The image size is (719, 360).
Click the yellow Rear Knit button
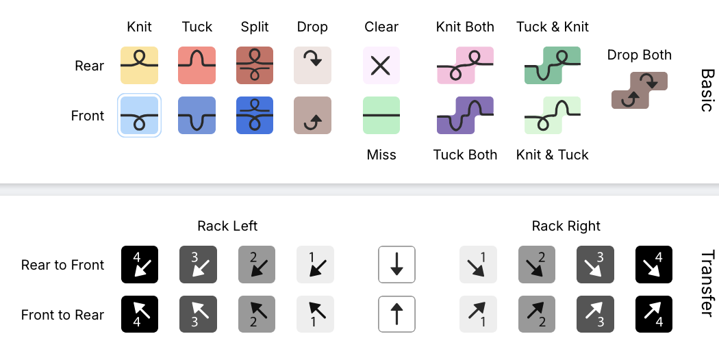point(140,65)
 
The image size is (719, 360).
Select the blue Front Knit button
point(140,115)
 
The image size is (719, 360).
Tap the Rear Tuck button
point(197,65)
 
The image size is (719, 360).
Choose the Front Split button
point(255,115)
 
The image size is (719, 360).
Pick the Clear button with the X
point(381,65)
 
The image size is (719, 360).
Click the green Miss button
point(381,115)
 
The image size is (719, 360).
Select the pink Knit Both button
point(465,65)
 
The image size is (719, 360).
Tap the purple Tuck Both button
point(465,115)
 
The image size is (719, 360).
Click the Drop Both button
point(639,90)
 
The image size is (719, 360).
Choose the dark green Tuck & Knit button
point(553,65)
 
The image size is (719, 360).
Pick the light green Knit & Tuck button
point(553,115)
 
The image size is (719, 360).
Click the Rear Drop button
point(312,65)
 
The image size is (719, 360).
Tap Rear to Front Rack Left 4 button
point(140,264)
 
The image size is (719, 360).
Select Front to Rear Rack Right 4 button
point(653,314)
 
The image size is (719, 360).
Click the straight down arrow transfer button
point(396,264)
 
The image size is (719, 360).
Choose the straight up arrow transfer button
point(396,314)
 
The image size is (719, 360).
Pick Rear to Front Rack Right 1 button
point(477,264)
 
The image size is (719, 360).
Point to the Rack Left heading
point(227,226)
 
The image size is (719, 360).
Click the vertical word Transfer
point(707,283)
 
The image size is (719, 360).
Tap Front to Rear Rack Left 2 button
point(256,314)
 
